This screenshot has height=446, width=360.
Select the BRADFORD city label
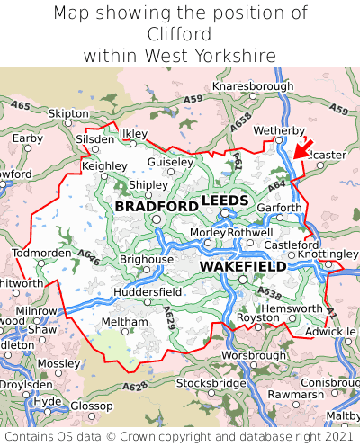(157, 206)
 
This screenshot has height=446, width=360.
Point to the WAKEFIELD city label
(242, 266)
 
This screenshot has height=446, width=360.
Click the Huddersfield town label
(148, 291)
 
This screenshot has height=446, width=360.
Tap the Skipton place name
(68, 114)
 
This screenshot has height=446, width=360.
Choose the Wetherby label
(279, 129)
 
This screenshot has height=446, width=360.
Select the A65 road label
(20, 106)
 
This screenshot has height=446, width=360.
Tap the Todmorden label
(40, 252)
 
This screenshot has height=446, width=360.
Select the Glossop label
(90, 406)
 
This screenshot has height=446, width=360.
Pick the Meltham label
(118, 321)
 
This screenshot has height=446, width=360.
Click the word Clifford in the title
(180, 34)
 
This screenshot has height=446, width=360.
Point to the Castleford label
(292, 244)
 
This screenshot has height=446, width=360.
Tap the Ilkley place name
(133, 133)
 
